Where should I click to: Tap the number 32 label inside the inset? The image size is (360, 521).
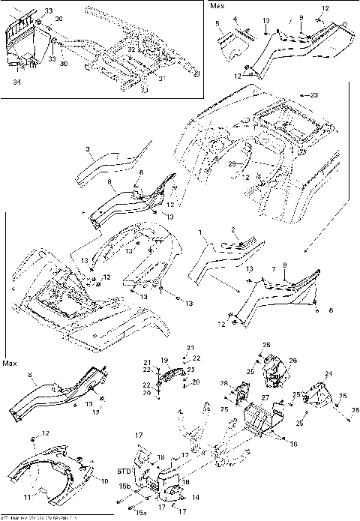point(131,49)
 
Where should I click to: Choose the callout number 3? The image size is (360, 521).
point(88,151)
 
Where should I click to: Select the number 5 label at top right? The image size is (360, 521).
point(218,23)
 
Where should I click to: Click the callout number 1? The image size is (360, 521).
point(200,234)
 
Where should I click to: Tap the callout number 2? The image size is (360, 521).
point(234,229)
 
